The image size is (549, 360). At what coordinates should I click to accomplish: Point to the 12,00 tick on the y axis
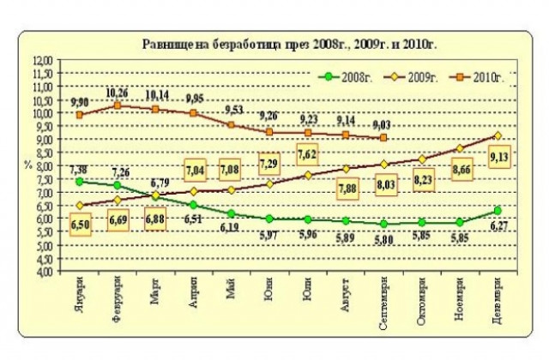(x=41, y=60)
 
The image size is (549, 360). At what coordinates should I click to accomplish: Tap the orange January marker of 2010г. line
(x=80, y=114)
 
